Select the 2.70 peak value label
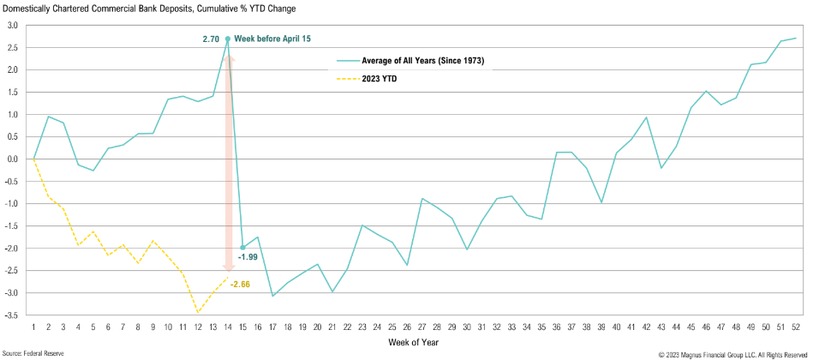(x=211, y=39)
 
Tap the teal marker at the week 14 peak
(x=227, y=39)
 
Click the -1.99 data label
(x=248, y=256)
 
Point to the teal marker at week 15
(x=242, y=248)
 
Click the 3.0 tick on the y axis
(x=13, y=25)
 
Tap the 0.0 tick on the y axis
(x=13, y=159)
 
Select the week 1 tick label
(x=33, y=327)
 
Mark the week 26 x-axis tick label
(x=407, y=327)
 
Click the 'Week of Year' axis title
(x=415, y=343)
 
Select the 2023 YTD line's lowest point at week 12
(x=198, y=311)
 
